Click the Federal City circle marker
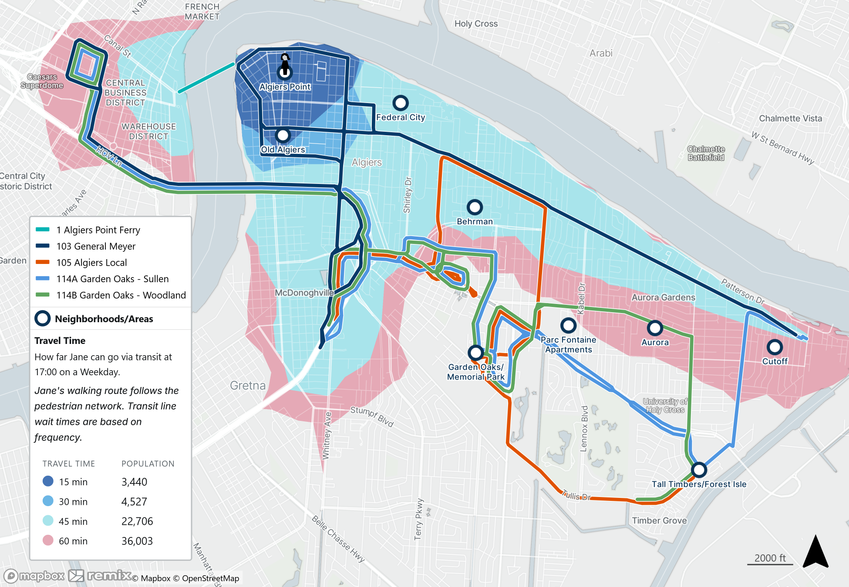400,103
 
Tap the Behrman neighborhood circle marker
475,207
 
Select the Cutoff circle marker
775,347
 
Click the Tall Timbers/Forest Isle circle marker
699,470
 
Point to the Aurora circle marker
655,328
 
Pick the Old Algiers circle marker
283,136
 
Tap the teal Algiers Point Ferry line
206,78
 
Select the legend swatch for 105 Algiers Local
43,262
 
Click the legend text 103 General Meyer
96,246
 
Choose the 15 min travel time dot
48,481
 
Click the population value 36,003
137,541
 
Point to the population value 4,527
134,501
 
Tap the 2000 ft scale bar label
770,558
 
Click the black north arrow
815,552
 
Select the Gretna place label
247,386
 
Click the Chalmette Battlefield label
706,153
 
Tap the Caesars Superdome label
42,81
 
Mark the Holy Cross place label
476,23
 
